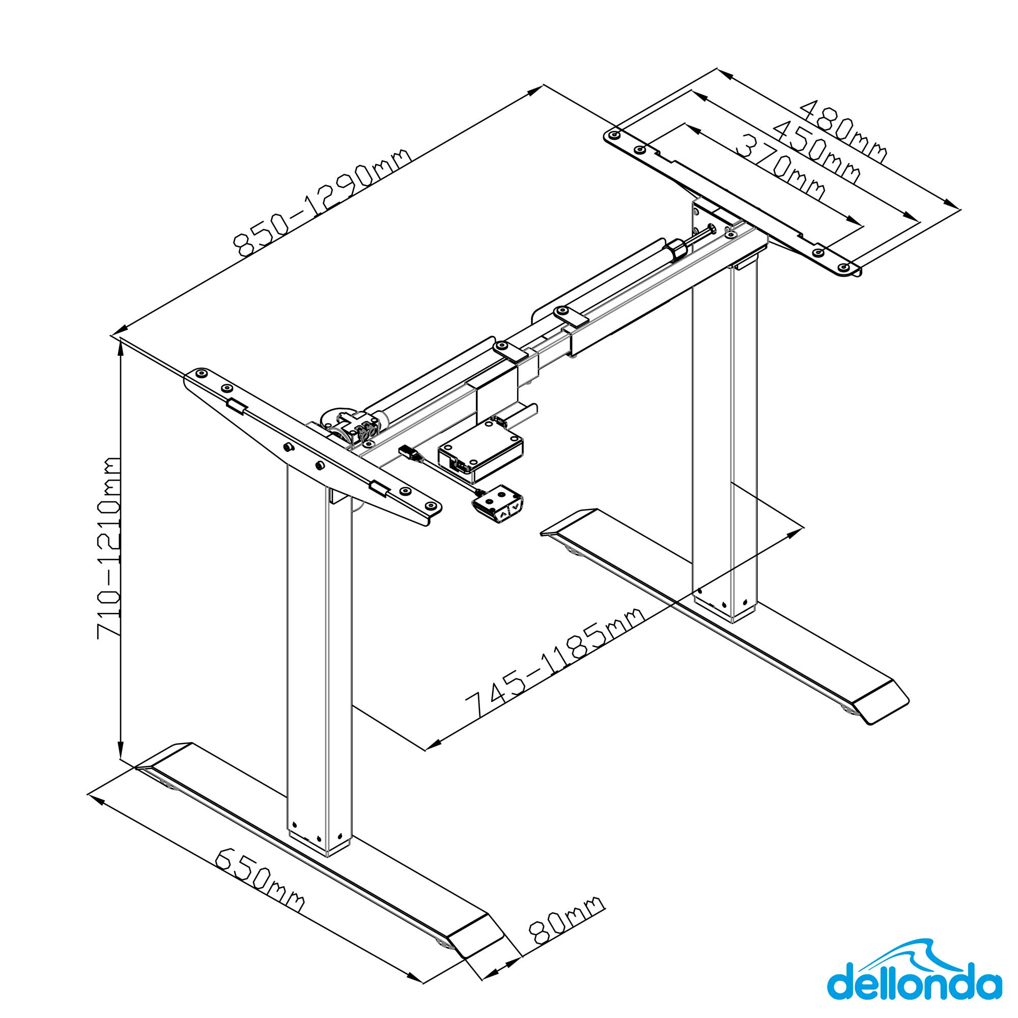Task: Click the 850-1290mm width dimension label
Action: (x=321, y=203)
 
